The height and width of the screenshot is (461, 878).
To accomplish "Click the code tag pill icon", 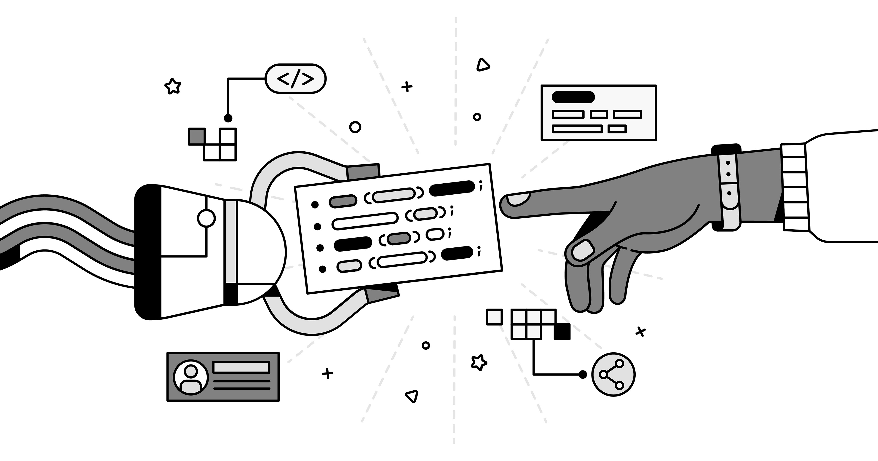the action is click(x=295, y=79).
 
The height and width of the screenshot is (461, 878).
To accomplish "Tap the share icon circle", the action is click(x=613, y=374).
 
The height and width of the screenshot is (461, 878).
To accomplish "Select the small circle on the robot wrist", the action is click(x=206, y=219).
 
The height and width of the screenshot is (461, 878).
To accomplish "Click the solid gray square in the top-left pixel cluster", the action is click(x=197, y=136).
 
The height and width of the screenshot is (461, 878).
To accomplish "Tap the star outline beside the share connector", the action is click(x=479, y=362).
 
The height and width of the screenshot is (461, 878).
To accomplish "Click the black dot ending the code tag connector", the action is click(x=228, y=118).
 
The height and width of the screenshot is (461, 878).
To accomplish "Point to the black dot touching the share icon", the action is click(x=583, y=374).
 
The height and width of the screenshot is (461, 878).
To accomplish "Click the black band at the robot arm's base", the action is click(x=147, y=252).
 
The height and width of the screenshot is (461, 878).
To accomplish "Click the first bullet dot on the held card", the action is click(x=315, y=205).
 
